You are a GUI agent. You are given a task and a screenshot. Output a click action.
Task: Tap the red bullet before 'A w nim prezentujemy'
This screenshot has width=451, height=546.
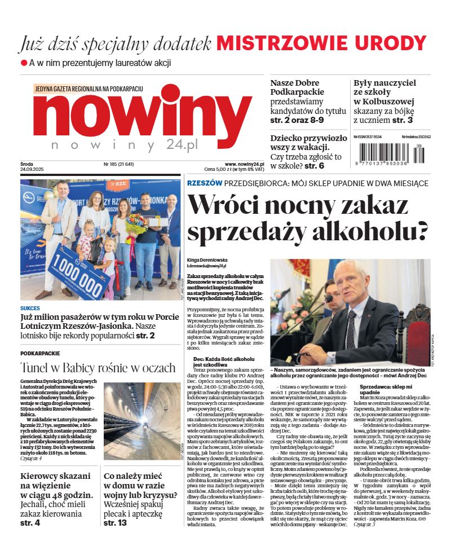tap(24, 63)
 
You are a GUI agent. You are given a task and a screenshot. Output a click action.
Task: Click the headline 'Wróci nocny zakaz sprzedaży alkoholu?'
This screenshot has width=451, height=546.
tap(307, 218)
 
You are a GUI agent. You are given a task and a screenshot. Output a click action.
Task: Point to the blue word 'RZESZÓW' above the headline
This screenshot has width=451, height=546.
tap(204, 183)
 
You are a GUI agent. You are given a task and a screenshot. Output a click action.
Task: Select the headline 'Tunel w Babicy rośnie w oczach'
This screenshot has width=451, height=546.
tap(98, 368)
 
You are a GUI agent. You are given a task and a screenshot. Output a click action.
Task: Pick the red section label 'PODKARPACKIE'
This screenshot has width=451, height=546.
tap(39, 353)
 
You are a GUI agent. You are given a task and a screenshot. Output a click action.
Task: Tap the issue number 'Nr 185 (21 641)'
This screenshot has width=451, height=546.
tap(118, 164)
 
